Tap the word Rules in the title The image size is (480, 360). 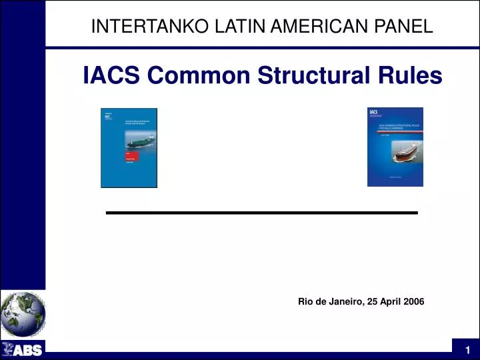[x=411, y=76]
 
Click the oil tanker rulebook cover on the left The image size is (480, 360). [x=129, y=147]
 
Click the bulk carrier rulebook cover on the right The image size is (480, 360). [x=395, y=147]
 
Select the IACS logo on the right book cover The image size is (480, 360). [x=373, y=113]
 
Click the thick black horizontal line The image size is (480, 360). [x=262, y=212]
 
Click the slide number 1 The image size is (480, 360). [x=468, y=350]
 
